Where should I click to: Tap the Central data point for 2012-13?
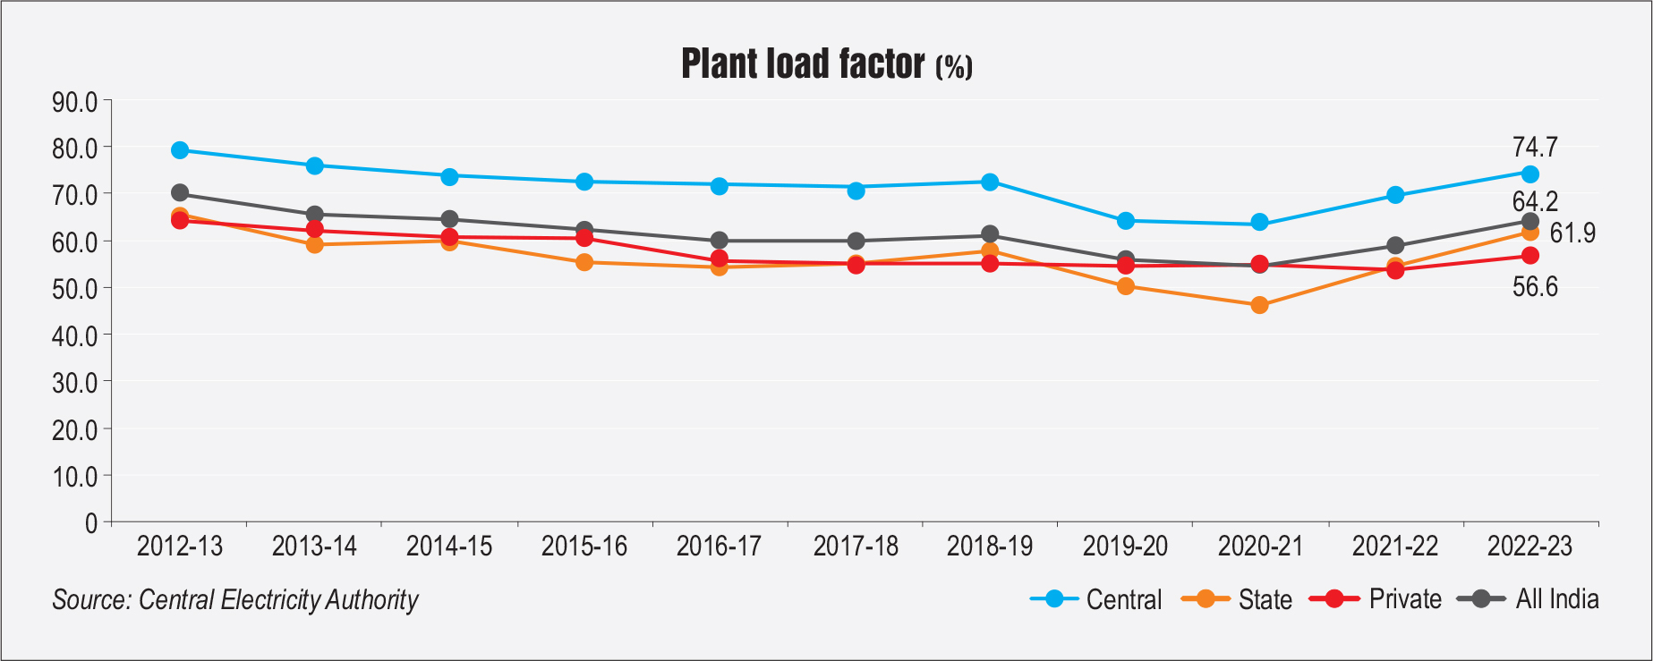(x=180, y=150)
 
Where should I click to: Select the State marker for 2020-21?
(x=1259, y=305)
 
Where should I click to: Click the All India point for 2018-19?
(x=990, y=235)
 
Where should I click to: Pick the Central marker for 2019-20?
(x=1126, y=221)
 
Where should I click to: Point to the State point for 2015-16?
(x=584, y=262)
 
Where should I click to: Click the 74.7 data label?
(x=1535, y=147)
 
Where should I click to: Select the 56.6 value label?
(x=1535, y=287)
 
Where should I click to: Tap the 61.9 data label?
(x=1572, y=233)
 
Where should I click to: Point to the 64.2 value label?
(x=1535, y=201)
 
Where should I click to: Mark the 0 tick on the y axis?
(x=91, y=523)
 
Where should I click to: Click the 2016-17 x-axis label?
(x=719, y=546)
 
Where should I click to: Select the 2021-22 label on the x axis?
(x=1394, y=546)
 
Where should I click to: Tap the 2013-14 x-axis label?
(x=314, y=546)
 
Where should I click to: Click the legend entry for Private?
(x=1404, y=599)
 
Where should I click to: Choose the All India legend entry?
(x=1556, y=599)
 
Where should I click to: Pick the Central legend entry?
(x=1123, y=599)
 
